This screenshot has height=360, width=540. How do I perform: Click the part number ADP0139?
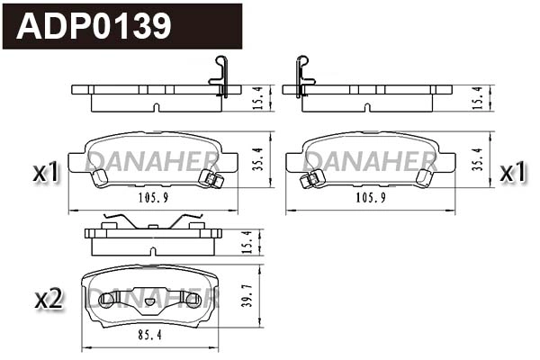click(x=94, y=26)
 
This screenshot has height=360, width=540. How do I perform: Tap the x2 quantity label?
click(x=47, y=299)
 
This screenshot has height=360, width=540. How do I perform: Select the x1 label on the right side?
click(x=512, y=171)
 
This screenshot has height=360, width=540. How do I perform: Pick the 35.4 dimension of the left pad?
click(x=256, y=158)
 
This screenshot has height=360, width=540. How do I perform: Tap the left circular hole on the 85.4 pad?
click(x=106, y=300)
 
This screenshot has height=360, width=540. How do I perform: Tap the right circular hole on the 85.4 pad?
click(x=195, y=300)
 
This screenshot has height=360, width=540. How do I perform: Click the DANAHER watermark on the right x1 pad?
click(x=371, y=161)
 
